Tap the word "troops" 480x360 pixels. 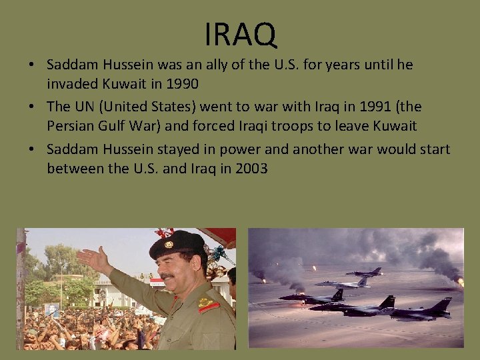pos(291,127)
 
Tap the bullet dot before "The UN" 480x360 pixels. pos(31,107)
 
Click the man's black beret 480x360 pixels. pos(175,244)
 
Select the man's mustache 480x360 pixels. pos(167,275)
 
